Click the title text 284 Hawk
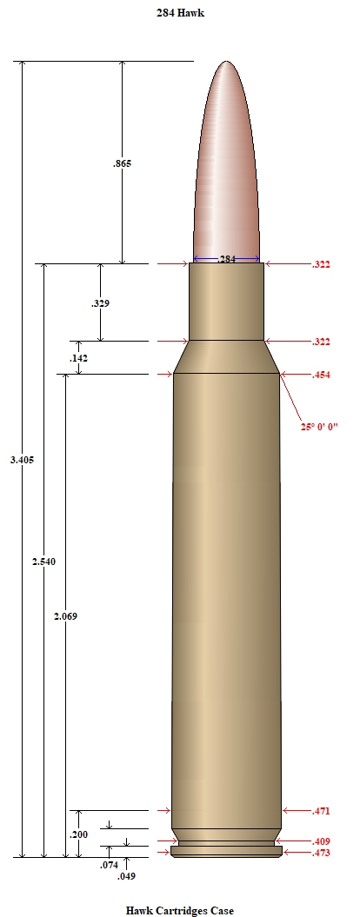click(180, 12)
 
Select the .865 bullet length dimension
click(122, 163)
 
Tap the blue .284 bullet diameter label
click(227, 259)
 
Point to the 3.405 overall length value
click(23, 460)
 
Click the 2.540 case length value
click(43, 562)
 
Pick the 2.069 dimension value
click(65, 616)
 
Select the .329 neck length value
click(100, 303)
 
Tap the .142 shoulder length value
click(78, 358)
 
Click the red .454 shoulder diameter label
click(321, 375)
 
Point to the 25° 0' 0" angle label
click(320, 427)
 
